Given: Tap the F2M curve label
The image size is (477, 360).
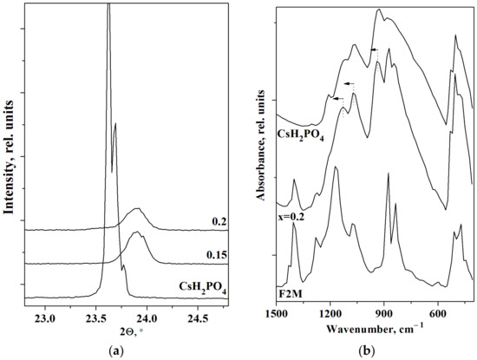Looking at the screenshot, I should click(291, 292).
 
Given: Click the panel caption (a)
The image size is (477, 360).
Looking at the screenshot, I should click(121, 350).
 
